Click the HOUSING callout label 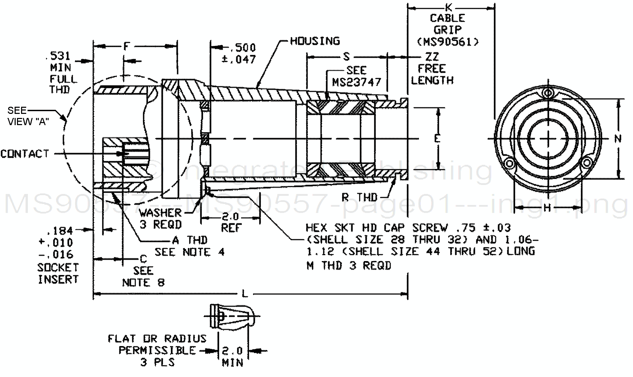(x=315, y=41)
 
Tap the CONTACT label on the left (x=25, y=154)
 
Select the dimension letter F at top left (x=126, y=46)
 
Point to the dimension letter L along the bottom (x=245, y=293)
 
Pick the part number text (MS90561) (x=448, y=42)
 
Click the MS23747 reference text (x=356, y=82)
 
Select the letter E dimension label (x=437, y=138)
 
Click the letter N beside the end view (x=618, y=139)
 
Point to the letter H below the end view (x=547, y=207)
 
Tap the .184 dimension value (x=61, y=231)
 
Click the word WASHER (x=160, y=213)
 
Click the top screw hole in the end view (x=548, y=93)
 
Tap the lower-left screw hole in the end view (x=510, y=164)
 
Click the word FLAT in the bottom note (x=122, y=339)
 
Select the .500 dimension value (x=243, y=48)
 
